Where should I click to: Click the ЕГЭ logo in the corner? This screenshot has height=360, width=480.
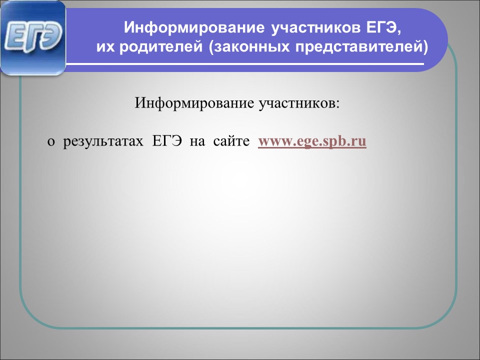click(x=33, y=38)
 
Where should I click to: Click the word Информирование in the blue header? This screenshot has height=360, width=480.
click(x=194, y=27)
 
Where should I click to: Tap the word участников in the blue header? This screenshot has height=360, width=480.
click(x=316, y=28)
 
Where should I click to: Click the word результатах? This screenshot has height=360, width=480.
click(x=103, y=141)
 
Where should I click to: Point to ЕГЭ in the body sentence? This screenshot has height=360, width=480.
click(x=167, y=141)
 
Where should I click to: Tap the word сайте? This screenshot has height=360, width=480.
click(x=231, y=141)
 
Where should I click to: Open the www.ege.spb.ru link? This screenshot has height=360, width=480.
click(x=312, y=141)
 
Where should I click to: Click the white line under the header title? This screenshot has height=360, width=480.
click(x=245, y=64)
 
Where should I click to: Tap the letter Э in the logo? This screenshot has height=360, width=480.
click(x=51, y=37)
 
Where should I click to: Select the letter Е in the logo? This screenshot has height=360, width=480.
click(x=14, y=38)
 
